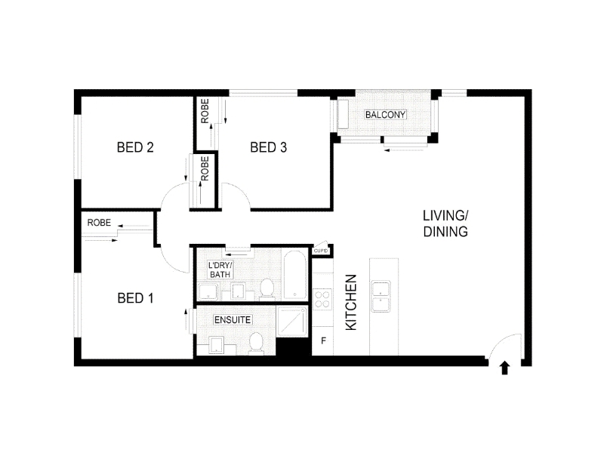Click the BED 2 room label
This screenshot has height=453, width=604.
pos(135,147)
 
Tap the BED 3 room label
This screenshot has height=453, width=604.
pos(269,147)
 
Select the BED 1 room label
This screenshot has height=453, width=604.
pos(135,297)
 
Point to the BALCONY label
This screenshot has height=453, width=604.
pos(385,115)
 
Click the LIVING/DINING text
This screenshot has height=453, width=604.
pos(445,223)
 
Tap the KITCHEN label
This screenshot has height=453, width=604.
pos(351,303)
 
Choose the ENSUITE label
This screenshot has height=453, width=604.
pos(233,319)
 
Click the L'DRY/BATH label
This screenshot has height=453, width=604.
pos(220,270)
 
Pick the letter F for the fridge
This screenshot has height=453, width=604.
pos(324,341)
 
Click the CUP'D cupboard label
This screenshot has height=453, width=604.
pos(320,251)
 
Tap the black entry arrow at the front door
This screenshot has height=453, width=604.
pos(504,368)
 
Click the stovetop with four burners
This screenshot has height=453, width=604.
pos(322,299)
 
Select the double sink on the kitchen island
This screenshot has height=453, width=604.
pos(381,296)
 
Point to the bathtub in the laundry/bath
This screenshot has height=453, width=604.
pos(294,276)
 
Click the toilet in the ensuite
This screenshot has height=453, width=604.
pos(255,343)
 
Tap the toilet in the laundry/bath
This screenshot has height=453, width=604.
pos(267,288)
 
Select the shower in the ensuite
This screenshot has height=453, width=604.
pos(292,322)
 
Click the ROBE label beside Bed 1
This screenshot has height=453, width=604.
pos(99,223)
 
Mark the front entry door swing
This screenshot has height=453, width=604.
pos(504,347)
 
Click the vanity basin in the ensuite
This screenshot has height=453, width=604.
pos(217,345)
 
